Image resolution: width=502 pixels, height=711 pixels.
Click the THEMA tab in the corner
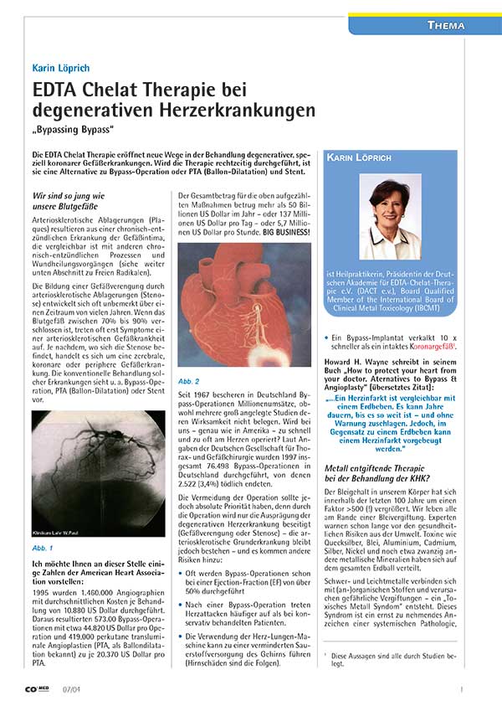coord(447,25)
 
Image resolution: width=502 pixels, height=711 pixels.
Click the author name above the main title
coord(61,67)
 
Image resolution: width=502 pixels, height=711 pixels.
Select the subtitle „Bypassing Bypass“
coord(74,131)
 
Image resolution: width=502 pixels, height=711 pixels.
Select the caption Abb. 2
coord(188,355)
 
